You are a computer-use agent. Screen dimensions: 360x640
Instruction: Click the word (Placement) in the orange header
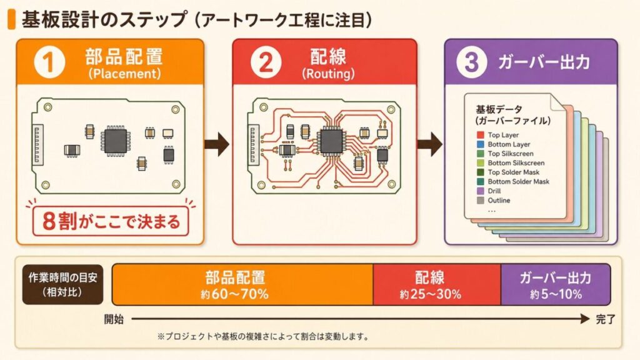(124, 73)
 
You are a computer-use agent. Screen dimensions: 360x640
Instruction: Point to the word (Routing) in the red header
(328, 73)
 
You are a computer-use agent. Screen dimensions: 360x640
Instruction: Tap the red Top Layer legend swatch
(480, 135)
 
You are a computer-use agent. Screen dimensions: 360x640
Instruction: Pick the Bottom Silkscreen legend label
(516, 163)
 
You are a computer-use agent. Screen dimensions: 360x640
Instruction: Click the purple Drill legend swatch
(480, 191)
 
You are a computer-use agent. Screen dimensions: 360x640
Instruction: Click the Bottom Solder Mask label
(518, 182)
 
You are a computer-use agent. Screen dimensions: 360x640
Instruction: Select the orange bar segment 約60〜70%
(242, 284)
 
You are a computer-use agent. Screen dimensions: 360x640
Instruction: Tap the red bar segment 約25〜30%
(437, 284)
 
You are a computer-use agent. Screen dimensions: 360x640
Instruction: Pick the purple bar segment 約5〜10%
(556, 284)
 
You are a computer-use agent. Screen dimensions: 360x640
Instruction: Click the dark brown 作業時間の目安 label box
(62, 284)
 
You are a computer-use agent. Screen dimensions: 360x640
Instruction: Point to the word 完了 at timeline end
(605, 319)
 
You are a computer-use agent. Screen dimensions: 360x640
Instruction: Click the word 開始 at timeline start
(114, 319)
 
